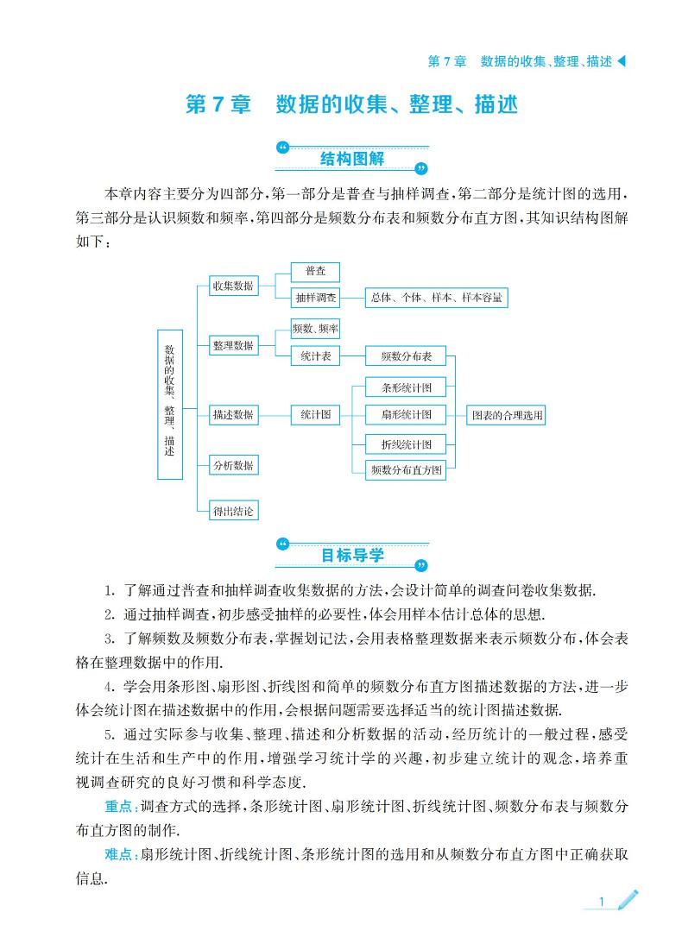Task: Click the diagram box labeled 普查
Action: [x=314, y=272]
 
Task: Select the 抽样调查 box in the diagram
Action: [x=314, y=298]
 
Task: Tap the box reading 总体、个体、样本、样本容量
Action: [x=436, y=298]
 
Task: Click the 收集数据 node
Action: [x=233, y=286]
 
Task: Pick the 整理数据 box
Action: [x=233, y=345]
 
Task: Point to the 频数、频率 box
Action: [x=314, y=329]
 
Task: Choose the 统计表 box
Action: [x=314, y=356]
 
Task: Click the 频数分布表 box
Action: [x=406, y=356]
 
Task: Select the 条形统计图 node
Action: [x=406, y=387]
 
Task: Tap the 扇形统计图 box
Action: [x=406, y=414]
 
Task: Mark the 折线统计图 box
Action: [x=406, y=444]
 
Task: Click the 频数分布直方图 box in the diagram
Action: [x=406, y=469]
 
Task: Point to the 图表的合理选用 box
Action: [x=506, y=415]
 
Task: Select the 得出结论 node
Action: [x=233, y=511]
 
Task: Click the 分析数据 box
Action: [x=233, y=465]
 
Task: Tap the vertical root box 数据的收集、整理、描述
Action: [x=170, y=405]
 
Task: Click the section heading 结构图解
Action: [x=351, y=159]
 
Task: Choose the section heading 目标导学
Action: [x=351, y=555]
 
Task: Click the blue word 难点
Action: [x=118, y=854]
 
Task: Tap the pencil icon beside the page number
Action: [x=628, y=900]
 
